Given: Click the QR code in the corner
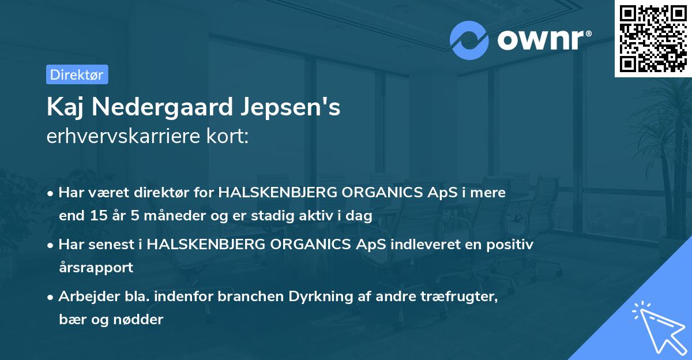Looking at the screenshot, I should [x=653, y=38].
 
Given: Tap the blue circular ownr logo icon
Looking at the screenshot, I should [x=469, y=40].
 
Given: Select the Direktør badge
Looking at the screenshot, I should [x=77, y=74].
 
